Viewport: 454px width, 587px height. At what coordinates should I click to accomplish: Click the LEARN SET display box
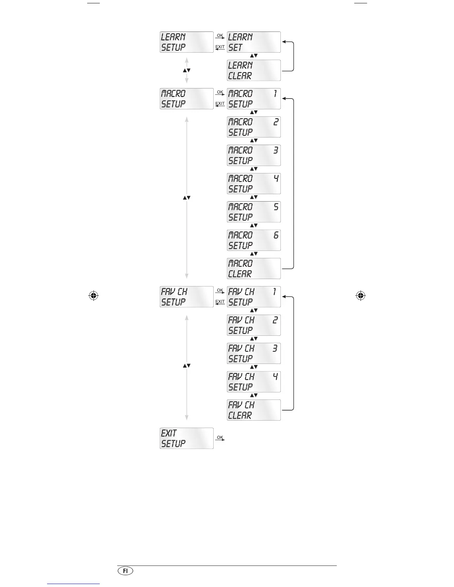coord(254,42)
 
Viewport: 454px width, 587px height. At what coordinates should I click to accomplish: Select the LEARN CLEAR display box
coord(254,70)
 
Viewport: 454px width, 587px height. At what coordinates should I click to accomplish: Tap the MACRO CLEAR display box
coord(254,269)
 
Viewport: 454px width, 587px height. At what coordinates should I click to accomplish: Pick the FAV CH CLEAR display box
coord(254,410)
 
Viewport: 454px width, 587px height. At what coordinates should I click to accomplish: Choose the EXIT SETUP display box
coord(187,438)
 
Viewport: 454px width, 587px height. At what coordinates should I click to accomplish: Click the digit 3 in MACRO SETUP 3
coord(276,150)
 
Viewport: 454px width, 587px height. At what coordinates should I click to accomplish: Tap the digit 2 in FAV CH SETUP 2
coord(275,320)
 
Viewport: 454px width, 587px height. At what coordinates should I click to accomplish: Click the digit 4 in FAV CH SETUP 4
coord(275,377)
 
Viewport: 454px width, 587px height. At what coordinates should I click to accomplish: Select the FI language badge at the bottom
coord(125,571)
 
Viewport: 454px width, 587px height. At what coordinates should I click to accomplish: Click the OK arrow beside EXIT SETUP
coord(220,438)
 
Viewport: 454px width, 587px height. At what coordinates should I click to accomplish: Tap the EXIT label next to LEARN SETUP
coord(220,47)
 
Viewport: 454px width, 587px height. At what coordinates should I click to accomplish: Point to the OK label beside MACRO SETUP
coord(220,92)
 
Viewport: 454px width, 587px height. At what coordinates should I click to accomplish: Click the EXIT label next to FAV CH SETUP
coord(220,302)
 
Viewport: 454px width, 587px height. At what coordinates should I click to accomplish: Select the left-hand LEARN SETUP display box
coord(187,42)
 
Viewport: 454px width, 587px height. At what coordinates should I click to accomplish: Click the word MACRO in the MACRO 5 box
coord(240,207)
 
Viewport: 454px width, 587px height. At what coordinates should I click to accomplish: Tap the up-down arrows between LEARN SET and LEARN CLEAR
coord(254,56)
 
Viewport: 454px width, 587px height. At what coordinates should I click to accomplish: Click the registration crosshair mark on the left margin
coord(93,296)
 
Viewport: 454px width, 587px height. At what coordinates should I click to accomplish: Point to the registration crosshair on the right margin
coord(360,296)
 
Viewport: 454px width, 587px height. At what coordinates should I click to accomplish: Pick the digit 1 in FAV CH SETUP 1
coord(275,292)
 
